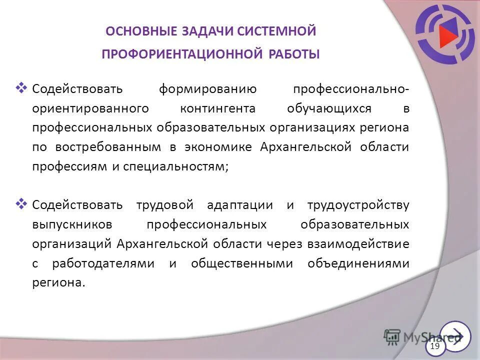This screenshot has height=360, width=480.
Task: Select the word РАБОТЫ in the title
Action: [293, 54]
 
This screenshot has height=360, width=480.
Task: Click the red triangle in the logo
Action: [447, 34]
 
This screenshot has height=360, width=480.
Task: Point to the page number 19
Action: [434, 346]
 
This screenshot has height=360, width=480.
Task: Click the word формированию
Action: [207, 89]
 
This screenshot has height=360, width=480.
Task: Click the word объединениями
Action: [358, 263]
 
